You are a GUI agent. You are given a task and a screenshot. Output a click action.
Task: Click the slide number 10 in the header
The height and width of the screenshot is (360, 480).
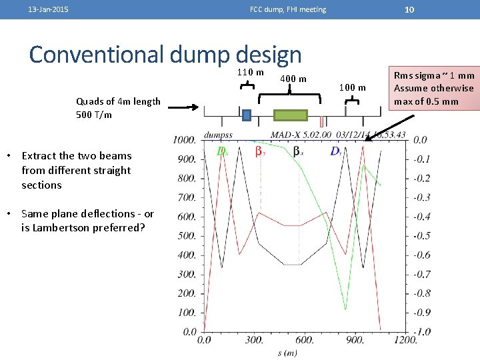point(410,9)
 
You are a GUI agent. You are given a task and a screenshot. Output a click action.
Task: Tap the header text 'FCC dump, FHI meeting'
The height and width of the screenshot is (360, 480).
point(288,9)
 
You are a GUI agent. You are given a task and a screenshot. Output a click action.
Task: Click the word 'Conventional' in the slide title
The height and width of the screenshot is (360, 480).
point(95,54)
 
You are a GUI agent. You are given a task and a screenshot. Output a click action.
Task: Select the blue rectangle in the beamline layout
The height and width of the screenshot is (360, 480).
point(247,115)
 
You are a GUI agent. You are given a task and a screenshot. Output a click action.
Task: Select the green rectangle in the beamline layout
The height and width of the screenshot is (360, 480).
point(290,115)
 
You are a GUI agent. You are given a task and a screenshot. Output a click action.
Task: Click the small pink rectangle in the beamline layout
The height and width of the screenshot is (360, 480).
point(321,121)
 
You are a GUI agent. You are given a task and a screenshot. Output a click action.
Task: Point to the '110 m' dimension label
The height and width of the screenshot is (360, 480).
point(251,72)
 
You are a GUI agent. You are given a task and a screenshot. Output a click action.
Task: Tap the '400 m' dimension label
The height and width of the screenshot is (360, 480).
point(293,79)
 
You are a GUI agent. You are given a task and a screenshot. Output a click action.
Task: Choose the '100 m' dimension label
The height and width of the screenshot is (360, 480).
point(353,87)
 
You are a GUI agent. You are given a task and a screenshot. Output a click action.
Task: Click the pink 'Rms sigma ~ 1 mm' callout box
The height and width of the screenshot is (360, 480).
point(434,88)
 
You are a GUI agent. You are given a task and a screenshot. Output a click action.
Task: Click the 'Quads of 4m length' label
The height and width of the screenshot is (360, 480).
point(118,101)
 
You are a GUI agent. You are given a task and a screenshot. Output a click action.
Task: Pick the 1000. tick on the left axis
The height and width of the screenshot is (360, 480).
point(184,140)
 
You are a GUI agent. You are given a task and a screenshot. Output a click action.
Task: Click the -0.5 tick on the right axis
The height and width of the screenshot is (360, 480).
point(421,236)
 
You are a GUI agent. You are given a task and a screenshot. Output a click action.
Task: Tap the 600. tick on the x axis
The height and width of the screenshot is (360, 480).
point(305,340)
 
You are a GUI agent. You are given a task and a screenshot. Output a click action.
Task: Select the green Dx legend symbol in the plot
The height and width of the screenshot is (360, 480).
point(222,151)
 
